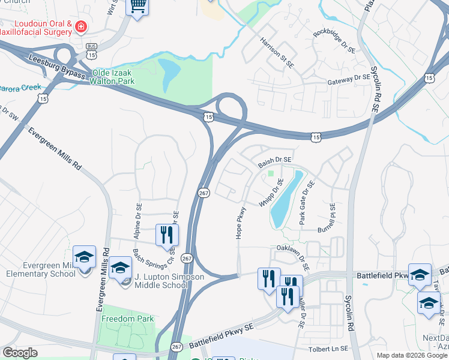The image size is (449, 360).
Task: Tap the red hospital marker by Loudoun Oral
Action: [x=80, y=27]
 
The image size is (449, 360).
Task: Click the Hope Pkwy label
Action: [x=241, y=223]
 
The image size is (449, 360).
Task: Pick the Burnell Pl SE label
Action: [x=332, y=217]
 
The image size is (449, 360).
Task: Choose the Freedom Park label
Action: [x=127, y=319]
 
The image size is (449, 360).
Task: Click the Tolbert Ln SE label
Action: [x=327, y=349]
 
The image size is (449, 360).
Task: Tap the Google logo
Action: [x=20, y=353]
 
